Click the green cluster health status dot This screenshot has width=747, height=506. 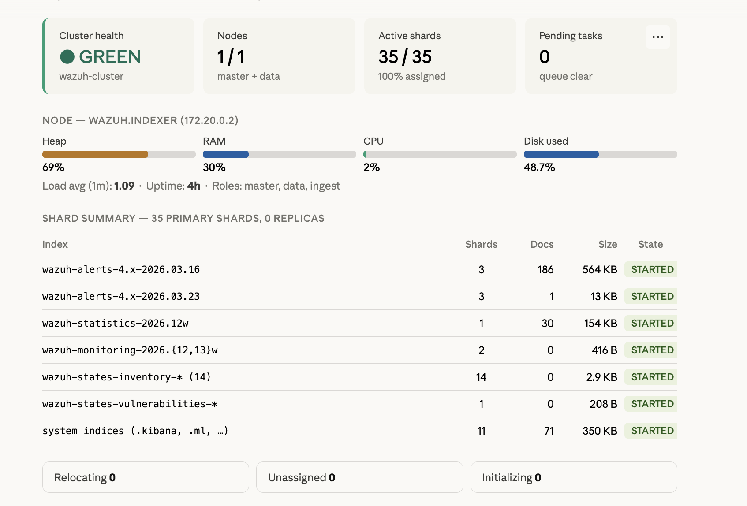pos(67,57)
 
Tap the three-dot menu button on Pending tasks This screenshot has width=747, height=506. pos(657,37)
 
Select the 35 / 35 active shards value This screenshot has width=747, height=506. pos(405,57)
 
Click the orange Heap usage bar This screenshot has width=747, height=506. pos(95,154)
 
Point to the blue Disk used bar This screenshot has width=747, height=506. pos(561,154)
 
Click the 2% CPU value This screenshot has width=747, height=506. pos(371,167)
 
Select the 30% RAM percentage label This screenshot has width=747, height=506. pos(214,167)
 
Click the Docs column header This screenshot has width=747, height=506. pos(542,244)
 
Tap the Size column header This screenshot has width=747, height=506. pos(607,244)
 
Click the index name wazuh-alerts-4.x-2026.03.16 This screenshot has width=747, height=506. pos(121,269)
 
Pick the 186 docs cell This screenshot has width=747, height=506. pos(545,269)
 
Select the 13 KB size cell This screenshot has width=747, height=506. pos(604,296)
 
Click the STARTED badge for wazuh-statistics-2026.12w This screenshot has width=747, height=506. pos(652,323)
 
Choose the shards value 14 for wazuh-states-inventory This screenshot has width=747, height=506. pos(481,377)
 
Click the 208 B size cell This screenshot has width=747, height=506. pos(603,404)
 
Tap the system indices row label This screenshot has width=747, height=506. pos(135,431)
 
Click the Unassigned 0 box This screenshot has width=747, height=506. pos(359,477)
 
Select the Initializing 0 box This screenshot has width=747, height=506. pos(573,477)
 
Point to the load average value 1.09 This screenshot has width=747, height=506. pos(124,186)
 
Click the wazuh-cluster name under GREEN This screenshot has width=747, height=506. pos(91,76)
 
